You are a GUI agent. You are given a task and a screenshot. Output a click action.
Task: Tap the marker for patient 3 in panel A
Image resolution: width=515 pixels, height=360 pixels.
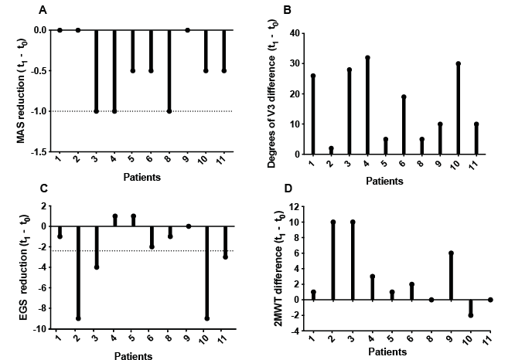click(96, 111)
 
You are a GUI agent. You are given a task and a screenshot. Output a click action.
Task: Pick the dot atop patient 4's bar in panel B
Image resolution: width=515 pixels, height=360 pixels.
click(368, 58)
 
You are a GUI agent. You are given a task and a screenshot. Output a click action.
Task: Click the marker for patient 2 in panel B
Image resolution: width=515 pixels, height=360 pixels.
click(331, 148)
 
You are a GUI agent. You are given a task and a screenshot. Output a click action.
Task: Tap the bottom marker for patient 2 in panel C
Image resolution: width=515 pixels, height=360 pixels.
click(77, 318)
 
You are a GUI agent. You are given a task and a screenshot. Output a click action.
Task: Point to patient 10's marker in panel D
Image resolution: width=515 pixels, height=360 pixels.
click(470, 315)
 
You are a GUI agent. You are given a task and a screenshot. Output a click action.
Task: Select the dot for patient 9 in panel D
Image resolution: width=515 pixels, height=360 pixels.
click(451, 253)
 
